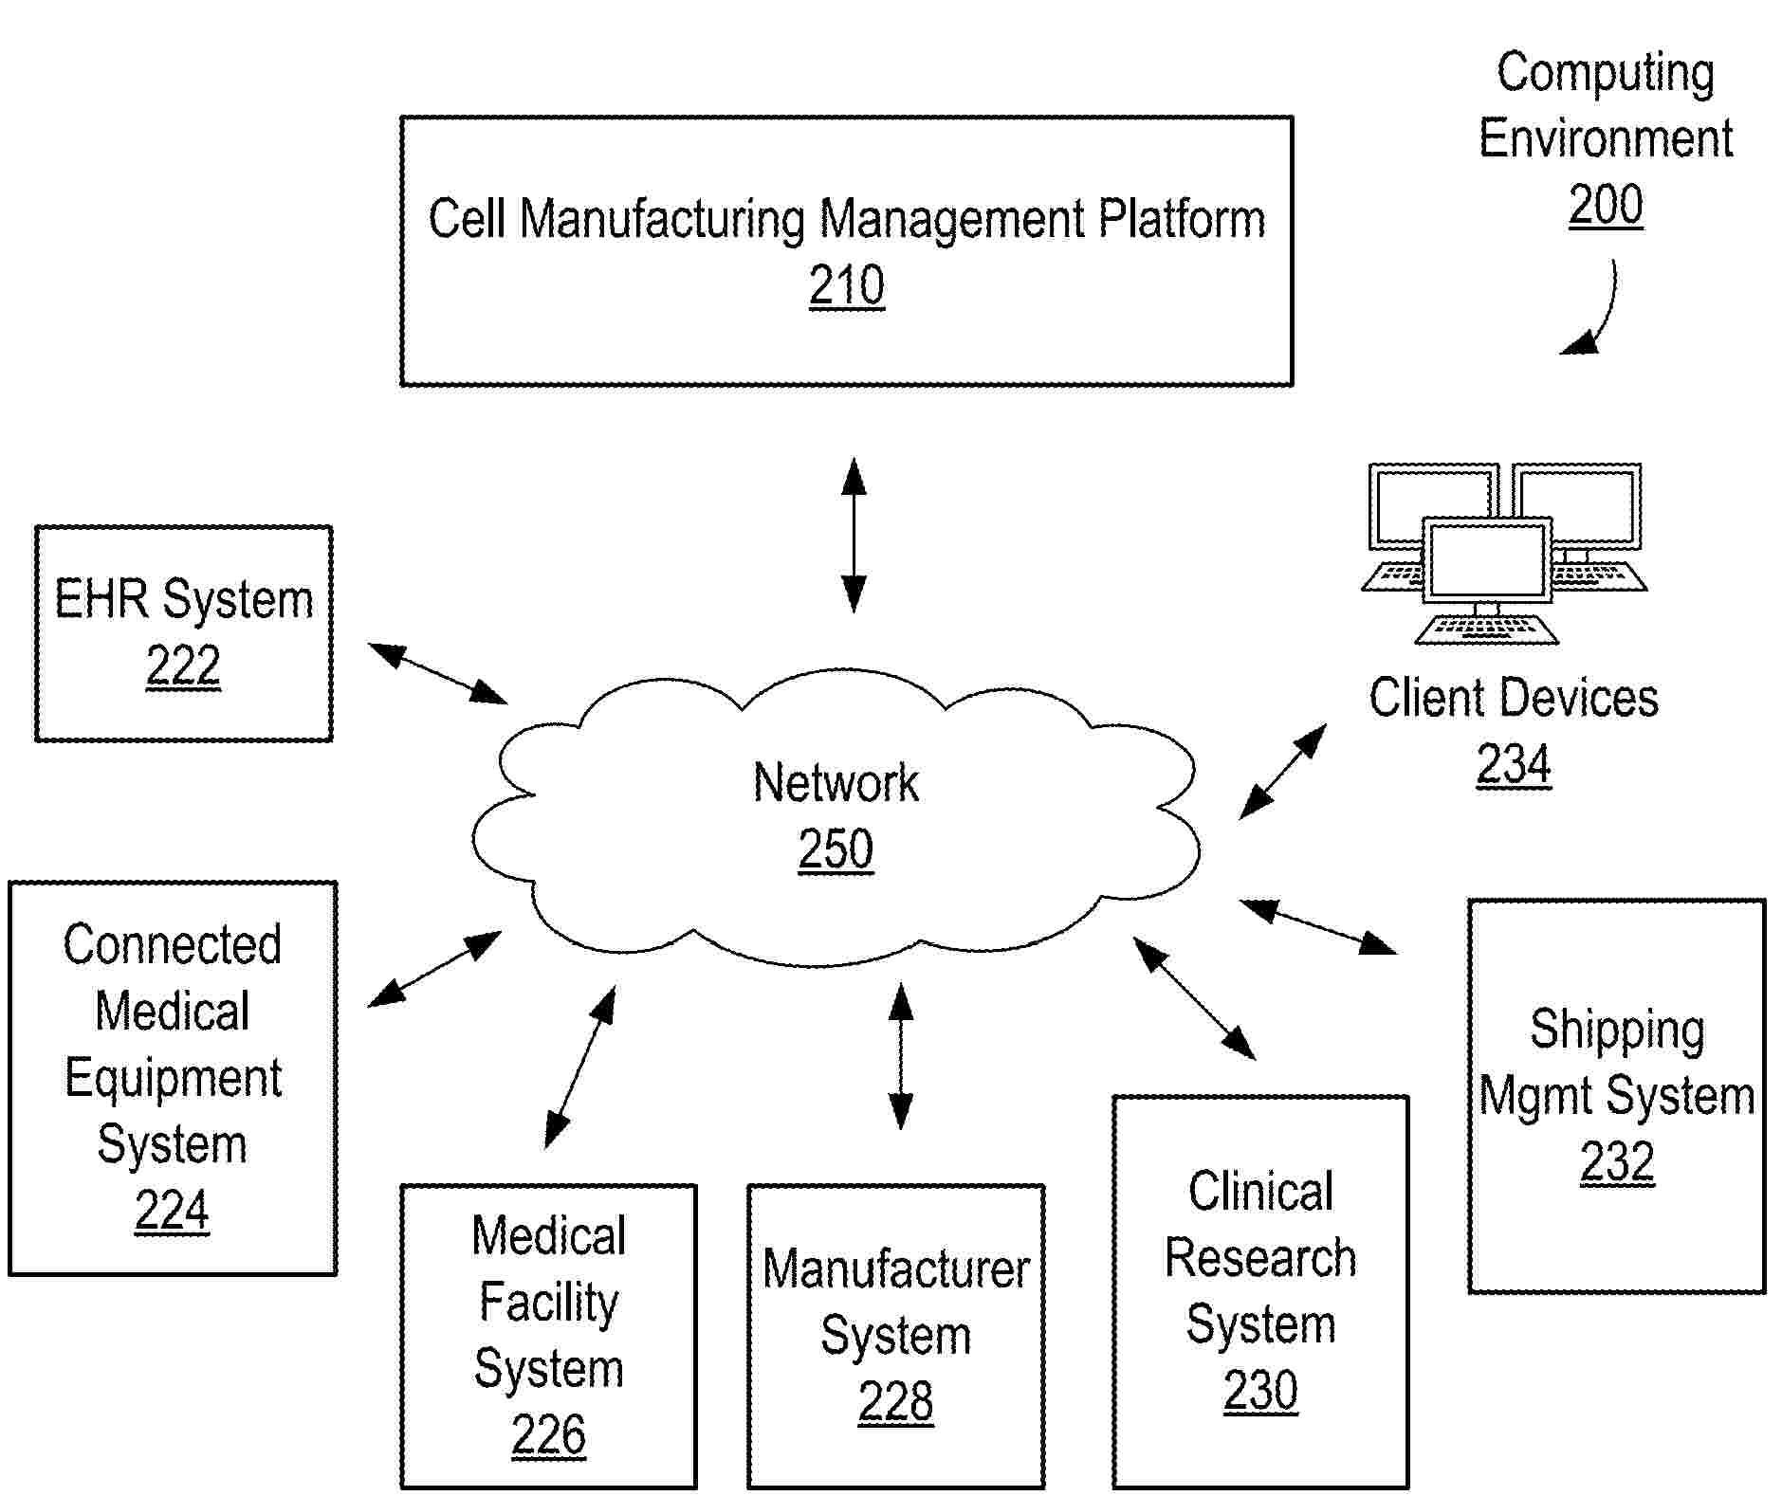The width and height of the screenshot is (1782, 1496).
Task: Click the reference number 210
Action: click(846, 285)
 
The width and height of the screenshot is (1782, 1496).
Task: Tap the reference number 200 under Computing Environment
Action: click(1605, 205)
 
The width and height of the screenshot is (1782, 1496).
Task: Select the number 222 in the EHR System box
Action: click(183, 666)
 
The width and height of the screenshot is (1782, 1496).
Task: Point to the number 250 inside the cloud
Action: click(835, 848)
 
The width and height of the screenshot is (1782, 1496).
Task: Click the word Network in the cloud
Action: click(836, 783)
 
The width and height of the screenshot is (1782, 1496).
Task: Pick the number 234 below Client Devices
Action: click(1513, 764)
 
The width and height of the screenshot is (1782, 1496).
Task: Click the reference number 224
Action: click(172, 1211)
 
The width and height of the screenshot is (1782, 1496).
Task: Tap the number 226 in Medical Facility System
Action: click(548, 1434)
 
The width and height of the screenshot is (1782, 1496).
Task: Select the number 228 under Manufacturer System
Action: click(895, 1401)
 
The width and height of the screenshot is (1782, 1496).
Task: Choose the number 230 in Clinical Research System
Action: click(1259, 1391)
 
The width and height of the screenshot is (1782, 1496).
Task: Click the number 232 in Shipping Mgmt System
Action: click(1616, 1161)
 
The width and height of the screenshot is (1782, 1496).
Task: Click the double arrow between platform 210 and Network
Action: click(854, 536)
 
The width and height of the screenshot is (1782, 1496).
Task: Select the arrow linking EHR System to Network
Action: click(437, 674)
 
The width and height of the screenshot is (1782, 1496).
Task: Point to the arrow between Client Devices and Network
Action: click(1282, 772)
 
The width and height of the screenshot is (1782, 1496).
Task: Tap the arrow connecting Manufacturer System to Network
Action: click(900, 1056)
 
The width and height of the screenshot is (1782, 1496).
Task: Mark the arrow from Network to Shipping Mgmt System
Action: click(1317, 926)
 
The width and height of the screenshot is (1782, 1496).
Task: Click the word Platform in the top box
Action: click(1181, 220)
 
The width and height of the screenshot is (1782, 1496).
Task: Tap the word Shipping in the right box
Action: click(1617, 1031)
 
